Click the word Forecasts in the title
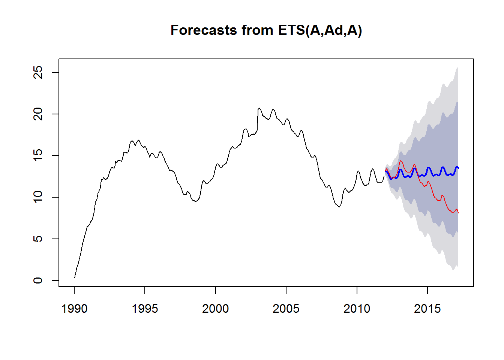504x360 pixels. [x=204, y=30]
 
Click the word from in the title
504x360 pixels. [x=257, y=30]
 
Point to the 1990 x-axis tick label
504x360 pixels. [x=74, y=309]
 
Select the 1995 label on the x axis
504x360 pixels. [x=145, y=309]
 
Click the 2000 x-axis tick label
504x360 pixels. [x=216, y=309]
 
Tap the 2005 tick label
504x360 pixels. [x=286, y=309]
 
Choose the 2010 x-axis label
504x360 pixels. [x=357, y=309]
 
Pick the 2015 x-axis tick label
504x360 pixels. [x=427, y=309]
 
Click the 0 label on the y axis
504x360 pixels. [x=38, y=280]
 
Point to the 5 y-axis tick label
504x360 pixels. [x=38, y=239]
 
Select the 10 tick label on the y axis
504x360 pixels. [x=38, y=197]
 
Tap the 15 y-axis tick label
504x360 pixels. [x=38, y=156]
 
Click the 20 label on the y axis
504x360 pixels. [x=38, y=114]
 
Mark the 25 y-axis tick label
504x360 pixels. [x=38, y=72]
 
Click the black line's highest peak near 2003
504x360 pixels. [x=259, y=108]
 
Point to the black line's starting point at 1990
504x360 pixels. [x=74, y=278]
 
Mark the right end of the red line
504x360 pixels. [x=458, y=213]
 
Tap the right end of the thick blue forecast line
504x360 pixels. [x=458, y=168]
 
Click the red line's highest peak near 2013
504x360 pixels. [x=400, y=160]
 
